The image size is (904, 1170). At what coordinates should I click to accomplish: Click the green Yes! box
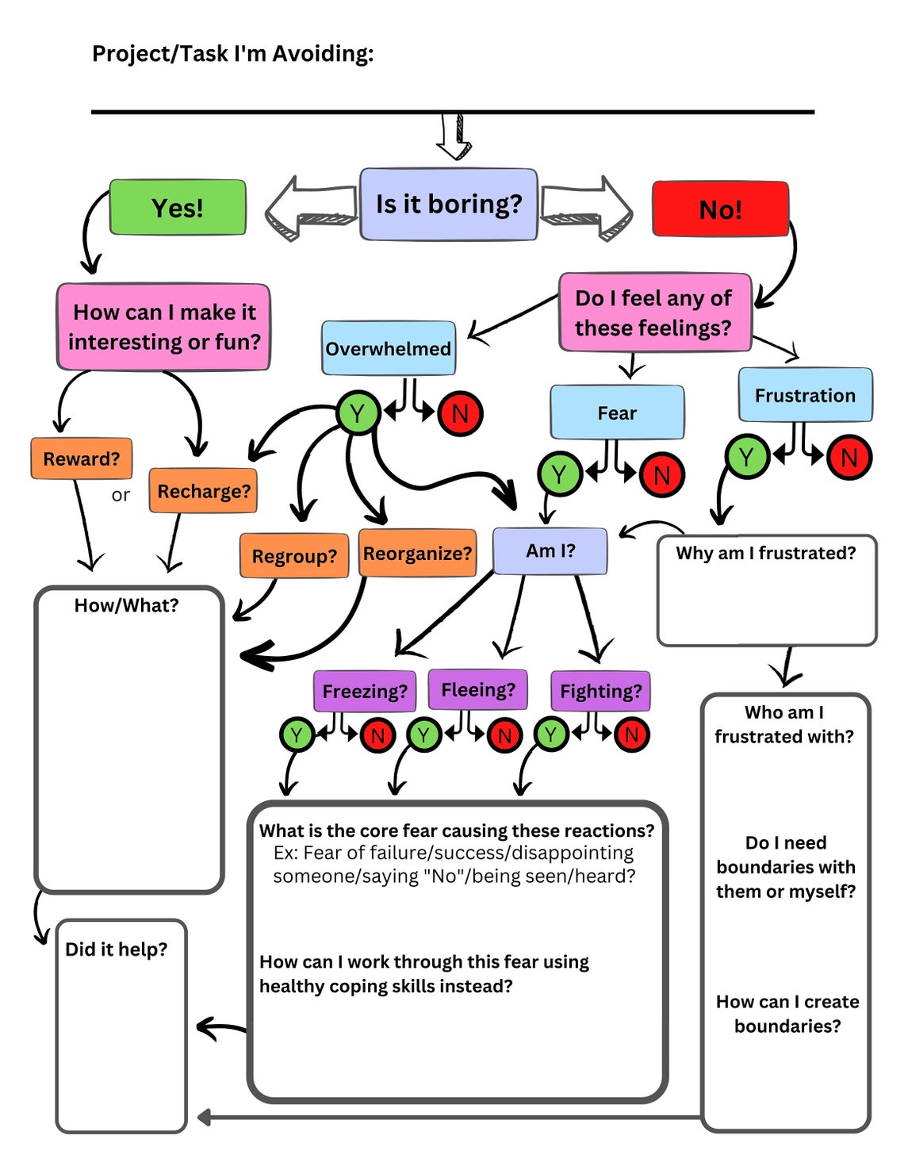pyautogui.click(x=178, y=208)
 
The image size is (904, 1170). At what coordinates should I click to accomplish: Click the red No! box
pyautogui.click(x=720, y=209)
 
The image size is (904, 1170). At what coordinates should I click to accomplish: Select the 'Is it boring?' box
pyautogui.click(x=449, y=205)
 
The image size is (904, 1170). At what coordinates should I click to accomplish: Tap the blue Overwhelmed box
pyautogui.click(x=389, y=348)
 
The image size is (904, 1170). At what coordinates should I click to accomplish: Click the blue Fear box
pyautogui.click(x=617, y=412)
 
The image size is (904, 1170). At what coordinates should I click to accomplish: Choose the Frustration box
pyautogui.click(x=805, y=395)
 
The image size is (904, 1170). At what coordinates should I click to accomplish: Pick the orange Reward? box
pyautogui.click(x=82, y=458)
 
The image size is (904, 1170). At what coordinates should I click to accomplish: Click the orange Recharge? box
pyautogui.click(x=204, y=491)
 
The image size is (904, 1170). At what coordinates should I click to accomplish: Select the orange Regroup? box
pyautogui.click(x=294, y=556)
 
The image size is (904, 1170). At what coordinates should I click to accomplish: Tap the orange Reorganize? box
pyautogui.click(x=417, y=553)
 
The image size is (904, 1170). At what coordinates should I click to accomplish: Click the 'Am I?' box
pyautogui.click(x=550, y=550)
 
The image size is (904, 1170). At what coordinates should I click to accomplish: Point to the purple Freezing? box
pyautogui.click(x=365, y=691)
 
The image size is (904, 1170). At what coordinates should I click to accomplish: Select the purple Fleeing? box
pyautogui.click(x=478, y=689)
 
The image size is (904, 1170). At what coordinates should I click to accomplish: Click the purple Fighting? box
pyautogui.click(x=600, y=691)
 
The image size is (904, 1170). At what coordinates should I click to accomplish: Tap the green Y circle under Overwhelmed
pyautogui.click(x=358, y=413)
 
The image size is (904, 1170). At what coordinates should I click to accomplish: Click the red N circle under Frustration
pyautogui.click(x=848, y=458)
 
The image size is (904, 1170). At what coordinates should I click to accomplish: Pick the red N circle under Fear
pyautogui.click(x=661, y=475)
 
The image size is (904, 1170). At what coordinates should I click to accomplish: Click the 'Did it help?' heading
pyautogui.click(x=117, y=949)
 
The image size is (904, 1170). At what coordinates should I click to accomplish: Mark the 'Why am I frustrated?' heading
pyautogui.click(x=766, y=553)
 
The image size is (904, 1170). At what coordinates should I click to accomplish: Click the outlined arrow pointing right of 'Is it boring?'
pyautogui.click(x=587, y=208)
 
